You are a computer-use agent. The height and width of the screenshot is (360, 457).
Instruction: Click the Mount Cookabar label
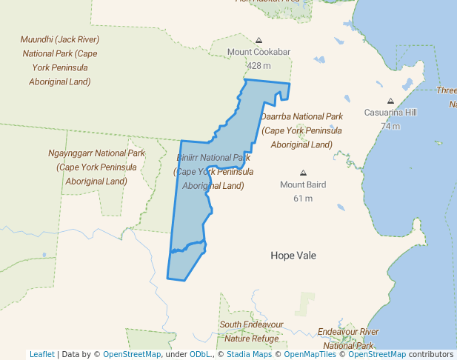[x=258, y=52]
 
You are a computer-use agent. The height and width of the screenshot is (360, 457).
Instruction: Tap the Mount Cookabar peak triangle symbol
[x=258, y=40]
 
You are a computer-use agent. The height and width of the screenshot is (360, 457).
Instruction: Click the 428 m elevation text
[x=258, y=65]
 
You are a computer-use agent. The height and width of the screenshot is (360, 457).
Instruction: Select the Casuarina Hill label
[x=390, y=113]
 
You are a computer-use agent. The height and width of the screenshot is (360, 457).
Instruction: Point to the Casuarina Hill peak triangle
[x=390, y=101]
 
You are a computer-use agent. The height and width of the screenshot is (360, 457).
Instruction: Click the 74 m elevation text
[x=390, y=125]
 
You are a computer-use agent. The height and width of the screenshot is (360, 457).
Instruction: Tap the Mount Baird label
[x=302, y=184]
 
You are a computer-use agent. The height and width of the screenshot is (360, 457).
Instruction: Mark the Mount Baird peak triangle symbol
[x=302, y=173]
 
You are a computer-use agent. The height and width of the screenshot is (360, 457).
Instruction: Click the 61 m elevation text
[x=302, y=198]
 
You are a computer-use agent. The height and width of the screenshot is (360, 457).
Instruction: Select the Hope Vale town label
[x=293, y=256]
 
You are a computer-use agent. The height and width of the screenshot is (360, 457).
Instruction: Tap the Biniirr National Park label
[x=213, y=172]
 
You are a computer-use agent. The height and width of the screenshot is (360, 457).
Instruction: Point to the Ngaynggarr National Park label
[x=96, y=167]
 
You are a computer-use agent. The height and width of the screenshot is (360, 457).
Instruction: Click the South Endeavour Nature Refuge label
[x=251, y=331]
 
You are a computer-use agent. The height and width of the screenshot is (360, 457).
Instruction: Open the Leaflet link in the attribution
[x=41, y=354]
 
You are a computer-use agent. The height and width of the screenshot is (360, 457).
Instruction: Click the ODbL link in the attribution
[x=201, y=354]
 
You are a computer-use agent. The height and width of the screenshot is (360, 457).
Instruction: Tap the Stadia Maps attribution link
[x=249, y=354]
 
